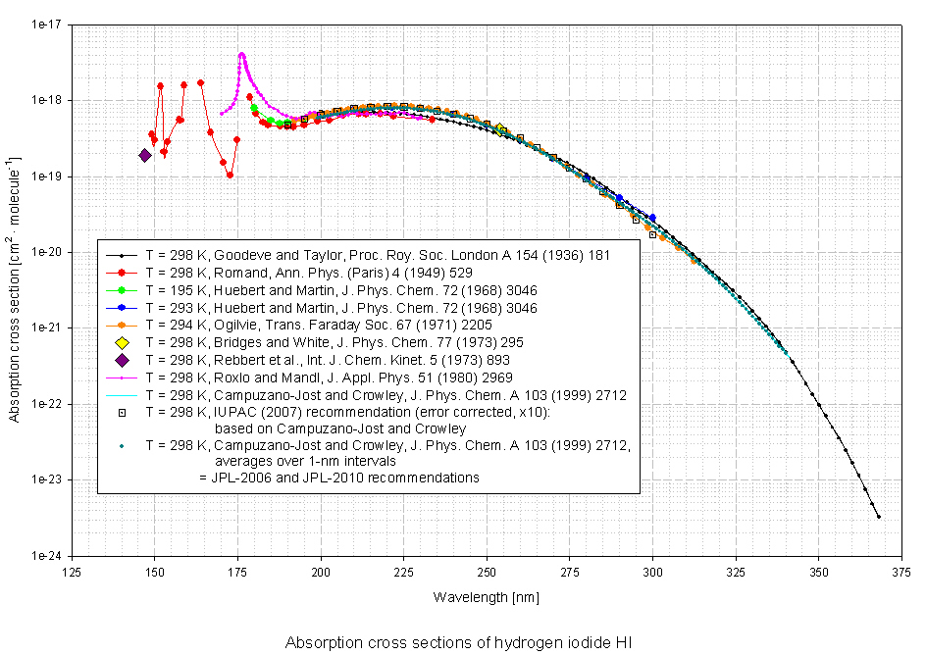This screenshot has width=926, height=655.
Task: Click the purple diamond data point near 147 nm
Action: click(145, 155)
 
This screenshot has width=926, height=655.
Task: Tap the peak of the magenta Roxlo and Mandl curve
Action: click(241, 54)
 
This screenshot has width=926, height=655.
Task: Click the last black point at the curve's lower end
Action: click(878, 517)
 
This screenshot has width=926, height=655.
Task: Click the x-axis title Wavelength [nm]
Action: click(488, 596)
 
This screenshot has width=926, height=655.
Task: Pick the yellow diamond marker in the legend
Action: click(122, 343)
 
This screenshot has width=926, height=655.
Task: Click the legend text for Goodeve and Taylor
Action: click(378, 255)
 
